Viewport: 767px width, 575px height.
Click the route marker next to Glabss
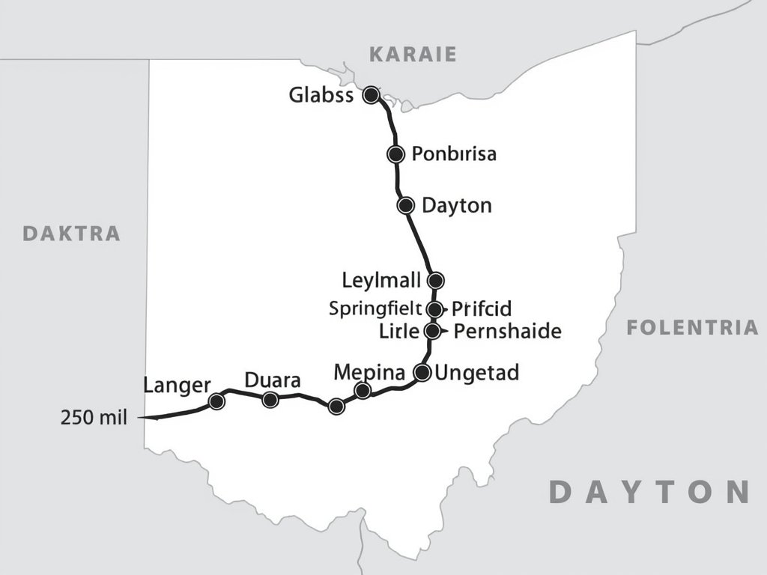pos(371,95)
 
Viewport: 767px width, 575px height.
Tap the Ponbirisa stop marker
pos(395,154)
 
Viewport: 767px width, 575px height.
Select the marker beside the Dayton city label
pos(405,205)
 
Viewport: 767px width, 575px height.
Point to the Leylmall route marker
pos(435,281)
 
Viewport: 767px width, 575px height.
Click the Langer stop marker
pos(216,401)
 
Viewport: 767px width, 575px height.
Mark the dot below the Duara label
pos(270,400)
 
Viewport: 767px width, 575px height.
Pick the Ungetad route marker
pos(422,372)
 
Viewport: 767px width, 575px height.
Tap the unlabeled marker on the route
pos(336,407)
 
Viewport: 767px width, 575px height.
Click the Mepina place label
pos(369,371)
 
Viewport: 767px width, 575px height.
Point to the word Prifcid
pos(481,308)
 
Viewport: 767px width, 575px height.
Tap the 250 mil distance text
pos(93,418)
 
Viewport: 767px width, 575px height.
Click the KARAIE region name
pos(413,54)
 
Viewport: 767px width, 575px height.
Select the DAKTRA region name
pos(72,233)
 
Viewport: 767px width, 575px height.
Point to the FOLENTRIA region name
pos(692,327)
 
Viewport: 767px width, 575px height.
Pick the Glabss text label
pos(321,96)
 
